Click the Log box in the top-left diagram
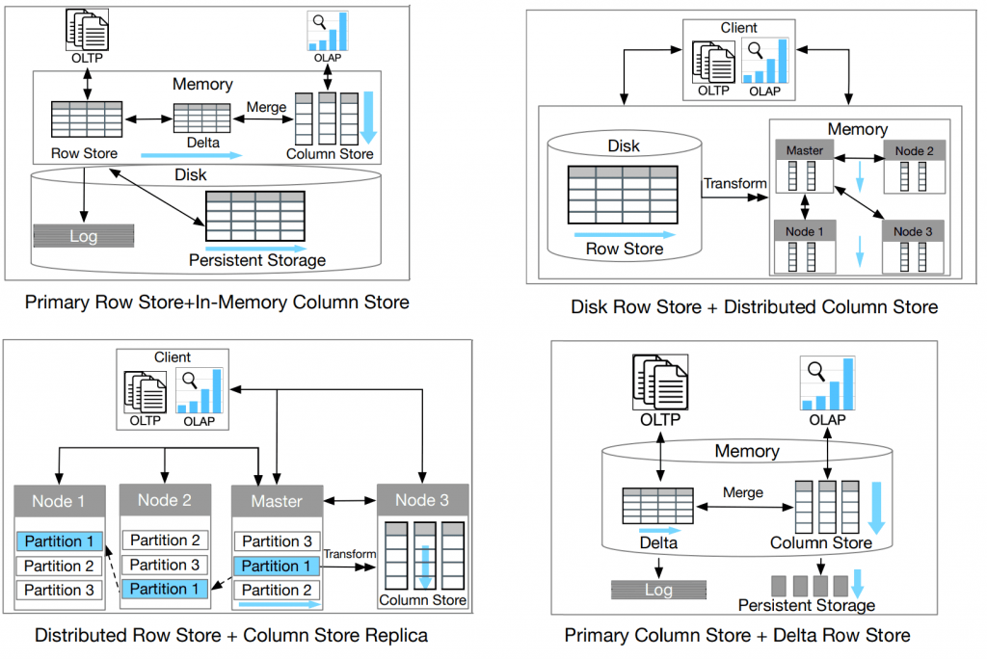(x=84, y=236)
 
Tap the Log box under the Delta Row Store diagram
(x=658, y=590)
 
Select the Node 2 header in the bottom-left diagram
(x=165, y=500)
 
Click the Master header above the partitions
(x=277, y=501)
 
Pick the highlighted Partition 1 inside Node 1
(x=60, y=541)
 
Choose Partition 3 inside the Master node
(x=277, y=541)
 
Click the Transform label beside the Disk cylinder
(x=735, y=184)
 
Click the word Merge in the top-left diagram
(x=266, y=107)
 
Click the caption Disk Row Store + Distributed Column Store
(x=754, y=307)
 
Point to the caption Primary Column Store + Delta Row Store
(x=736, y=635)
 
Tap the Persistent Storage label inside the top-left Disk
(x=257, y=260)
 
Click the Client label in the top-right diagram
(x=739, y=28)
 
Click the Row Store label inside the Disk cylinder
(x=625, y=250)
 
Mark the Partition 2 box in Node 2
(x=165, y=540)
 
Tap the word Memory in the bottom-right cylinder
(x=747, y=451)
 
